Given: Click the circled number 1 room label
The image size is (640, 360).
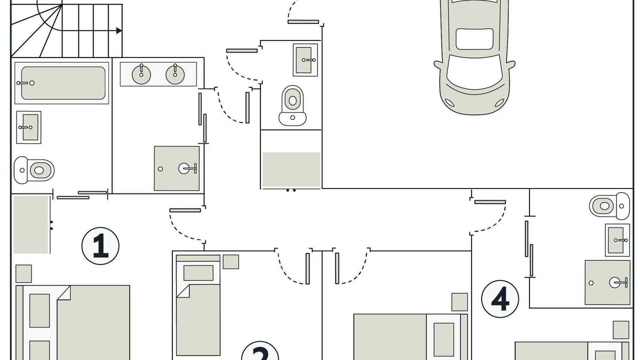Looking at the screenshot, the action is coord(100,245).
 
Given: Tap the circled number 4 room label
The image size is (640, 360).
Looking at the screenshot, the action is coord(500,299).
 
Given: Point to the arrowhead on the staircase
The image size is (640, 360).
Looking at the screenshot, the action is coord(119,30).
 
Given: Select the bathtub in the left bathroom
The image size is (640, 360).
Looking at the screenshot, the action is coord(61,83).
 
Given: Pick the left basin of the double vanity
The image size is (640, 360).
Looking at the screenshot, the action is coord(141,74).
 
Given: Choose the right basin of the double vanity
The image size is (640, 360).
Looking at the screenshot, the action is coord(175,74).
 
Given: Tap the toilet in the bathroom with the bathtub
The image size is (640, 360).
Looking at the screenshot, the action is coord(34,170).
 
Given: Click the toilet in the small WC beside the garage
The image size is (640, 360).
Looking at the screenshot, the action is coord(292,105).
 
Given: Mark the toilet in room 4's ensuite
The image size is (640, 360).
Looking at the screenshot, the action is coord(609,205).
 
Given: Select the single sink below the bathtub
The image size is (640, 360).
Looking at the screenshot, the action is coord(28,127).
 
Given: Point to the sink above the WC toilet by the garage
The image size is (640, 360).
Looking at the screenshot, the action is coord(305,60).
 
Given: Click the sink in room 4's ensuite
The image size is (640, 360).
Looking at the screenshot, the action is coord(617,240).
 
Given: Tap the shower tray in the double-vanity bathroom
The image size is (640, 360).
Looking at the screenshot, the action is coord(177,168).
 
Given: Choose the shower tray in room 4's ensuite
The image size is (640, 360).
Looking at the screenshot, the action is coord(607,282).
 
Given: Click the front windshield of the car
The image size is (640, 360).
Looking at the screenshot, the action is coord(474,71).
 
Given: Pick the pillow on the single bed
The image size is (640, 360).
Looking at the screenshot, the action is coord(198,273).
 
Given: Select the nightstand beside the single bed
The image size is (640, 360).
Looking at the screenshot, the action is coord(231,261).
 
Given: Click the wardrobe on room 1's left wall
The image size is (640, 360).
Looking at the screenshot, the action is coord(31,224).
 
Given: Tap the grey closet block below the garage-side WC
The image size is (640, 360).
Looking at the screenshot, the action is coord(291,169).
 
